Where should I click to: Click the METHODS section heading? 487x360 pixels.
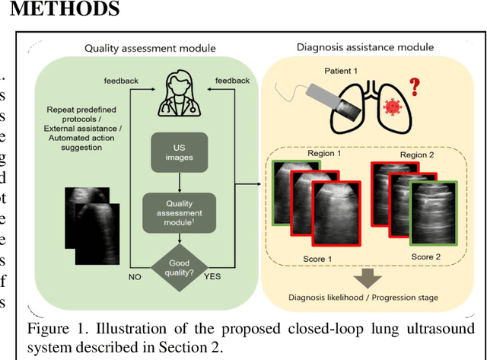click(60, 10)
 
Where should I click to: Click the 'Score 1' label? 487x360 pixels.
click(320, 258)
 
